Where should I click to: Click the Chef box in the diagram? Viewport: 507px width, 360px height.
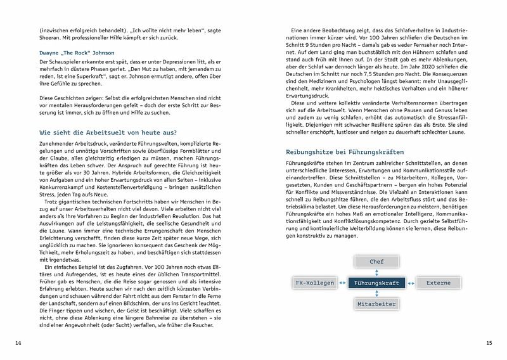(376, 261)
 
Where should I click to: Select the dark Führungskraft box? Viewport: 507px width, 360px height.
(376, 283)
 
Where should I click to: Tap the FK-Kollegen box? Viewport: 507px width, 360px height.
(314, 283)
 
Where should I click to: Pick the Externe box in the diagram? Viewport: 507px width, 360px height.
(438, 283)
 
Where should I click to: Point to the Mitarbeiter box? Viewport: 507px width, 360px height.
(376, 304)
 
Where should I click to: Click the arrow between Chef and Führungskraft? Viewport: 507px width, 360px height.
(376, 271)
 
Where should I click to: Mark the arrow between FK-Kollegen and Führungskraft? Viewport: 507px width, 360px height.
(343, 283)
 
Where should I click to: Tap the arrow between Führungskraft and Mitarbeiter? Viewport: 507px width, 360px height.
(376, 293)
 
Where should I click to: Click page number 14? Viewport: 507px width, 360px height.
(18, 343)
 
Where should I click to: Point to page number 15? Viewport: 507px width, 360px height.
(489, 343)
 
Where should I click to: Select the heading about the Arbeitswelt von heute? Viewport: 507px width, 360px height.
(108, 133)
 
